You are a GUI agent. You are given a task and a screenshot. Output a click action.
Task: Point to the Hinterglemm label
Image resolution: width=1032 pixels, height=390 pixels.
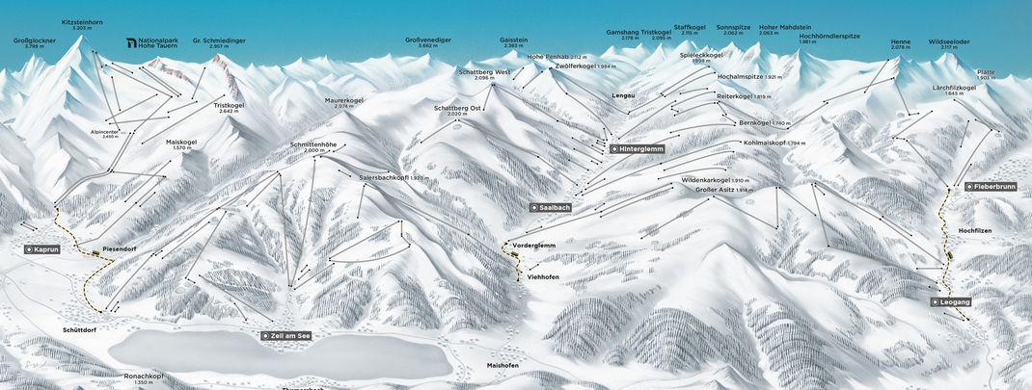point(638,150)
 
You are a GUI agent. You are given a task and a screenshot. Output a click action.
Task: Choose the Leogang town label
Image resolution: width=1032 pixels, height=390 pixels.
point(954,301)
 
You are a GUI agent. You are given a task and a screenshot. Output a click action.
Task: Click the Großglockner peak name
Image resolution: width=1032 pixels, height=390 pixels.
point(34,41)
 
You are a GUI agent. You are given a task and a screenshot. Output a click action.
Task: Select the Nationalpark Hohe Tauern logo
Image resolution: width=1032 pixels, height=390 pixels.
point(132,42)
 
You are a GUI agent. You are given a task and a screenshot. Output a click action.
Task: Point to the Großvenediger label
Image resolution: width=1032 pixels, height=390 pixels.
point(428,41)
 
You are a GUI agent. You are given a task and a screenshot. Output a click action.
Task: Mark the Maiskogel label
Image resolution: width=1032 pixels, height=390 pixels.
point(180,142)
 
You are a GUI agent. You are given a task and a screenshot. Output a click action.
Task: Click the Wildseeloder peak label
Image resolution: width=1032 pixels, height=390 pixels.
point(948,42)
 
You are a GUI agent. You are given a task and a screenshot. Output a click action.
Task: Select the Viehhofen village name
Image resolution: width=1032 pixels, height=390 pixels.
point(543,277)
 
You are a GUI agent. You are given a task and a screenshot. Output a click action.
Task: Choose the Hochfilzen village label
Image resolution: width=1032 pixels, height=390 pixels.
point(976,232)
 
